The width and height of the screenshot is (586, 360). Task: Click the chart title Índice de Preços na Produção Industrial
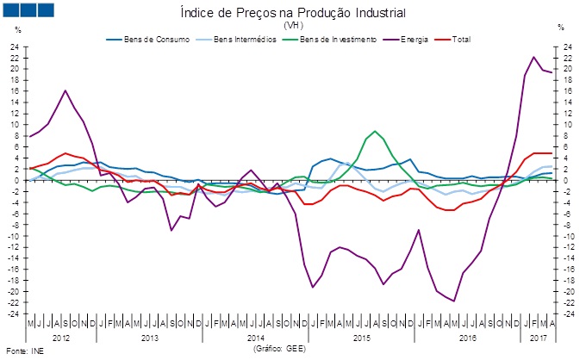(293, 13)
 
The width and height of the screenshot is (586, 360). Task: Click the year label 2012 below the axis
(61, 338)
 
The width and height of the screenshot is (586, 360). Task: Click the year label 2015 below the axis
(362, 338)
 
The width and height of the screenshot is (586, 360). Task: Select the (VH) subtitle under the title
(293, 26)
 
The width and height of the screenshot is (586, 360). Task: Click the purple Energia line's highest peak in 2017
(534, 57)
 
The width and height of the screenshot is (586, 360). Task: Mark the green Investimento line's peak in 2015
(375, 132)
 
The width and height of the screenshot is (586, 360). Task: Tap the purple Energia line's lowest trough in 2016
(454, 301)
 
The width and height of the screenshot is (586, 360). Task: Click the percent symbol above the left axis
(18, 28)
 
